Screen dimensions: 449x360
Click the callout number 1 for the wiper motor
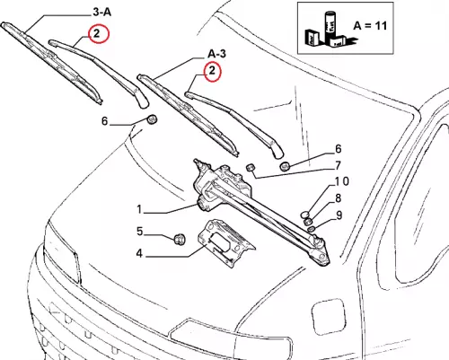(139, 209)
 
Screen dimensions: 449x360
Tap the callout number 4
(139, 253)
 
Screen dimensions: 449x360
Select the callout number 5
(140, 232)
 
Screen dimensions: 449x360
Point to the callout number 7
(338, 165)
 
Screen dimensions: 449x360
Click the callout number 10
(341, 181)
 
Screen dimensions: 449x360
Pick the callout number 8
(338, 198)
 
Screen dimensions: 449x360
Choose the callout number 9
(339, 215)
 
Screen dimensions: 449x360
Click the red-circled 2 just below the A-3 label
(212, 71)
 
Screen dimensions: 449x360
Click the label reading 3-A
(101, 13)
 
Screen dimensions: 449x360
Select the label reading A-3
(217, 54)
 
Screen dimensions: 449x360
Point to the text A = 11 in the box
(370, 26)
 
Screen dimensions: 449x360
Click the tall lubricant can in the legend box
(330, 25)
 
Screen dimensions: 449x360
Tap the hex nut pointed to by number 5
(180, 239)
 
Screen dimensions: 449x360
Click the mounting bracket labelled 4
(226, 241)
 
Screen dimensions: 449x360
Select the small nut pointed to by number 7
(251, 167)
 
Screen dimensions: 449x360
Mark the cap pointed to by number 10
(305, 215)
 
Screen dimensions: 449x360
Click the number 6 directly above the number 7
(338, 148)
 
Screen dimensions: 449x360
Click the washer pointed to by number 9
(311, 229)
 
